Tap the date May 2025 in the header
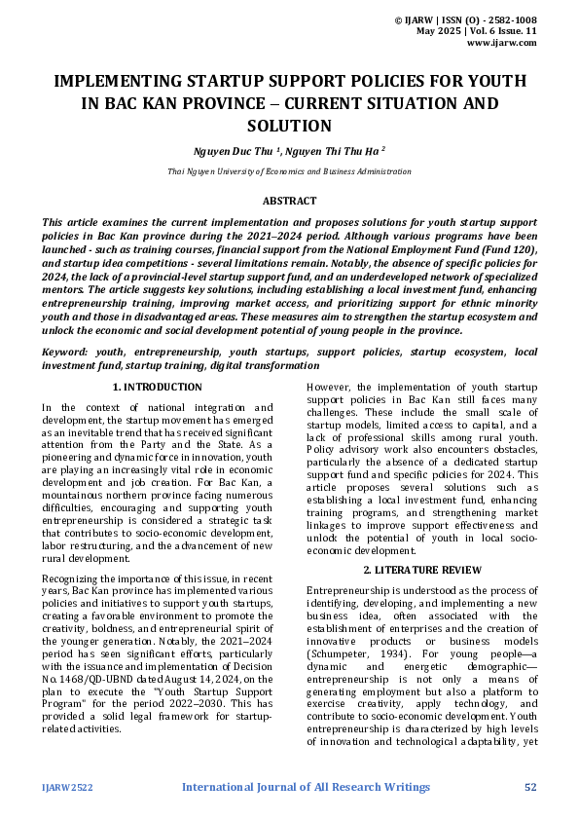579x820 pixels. point(437,31)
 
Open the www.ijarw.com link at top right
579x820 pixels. point(502,43)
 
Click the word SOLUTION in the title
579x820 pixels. point(289,126)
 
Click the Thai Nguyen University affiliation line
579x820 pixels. point(289,171)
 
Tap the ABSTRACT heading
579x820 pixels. point(289,201)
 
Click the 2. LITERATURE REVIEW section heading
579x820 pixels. point(421,569)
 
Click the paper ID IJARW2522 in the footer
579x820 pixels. point(65,787)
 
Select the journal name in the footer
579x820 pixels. point(306,787)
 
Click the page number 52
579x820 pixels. point(530,787)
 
